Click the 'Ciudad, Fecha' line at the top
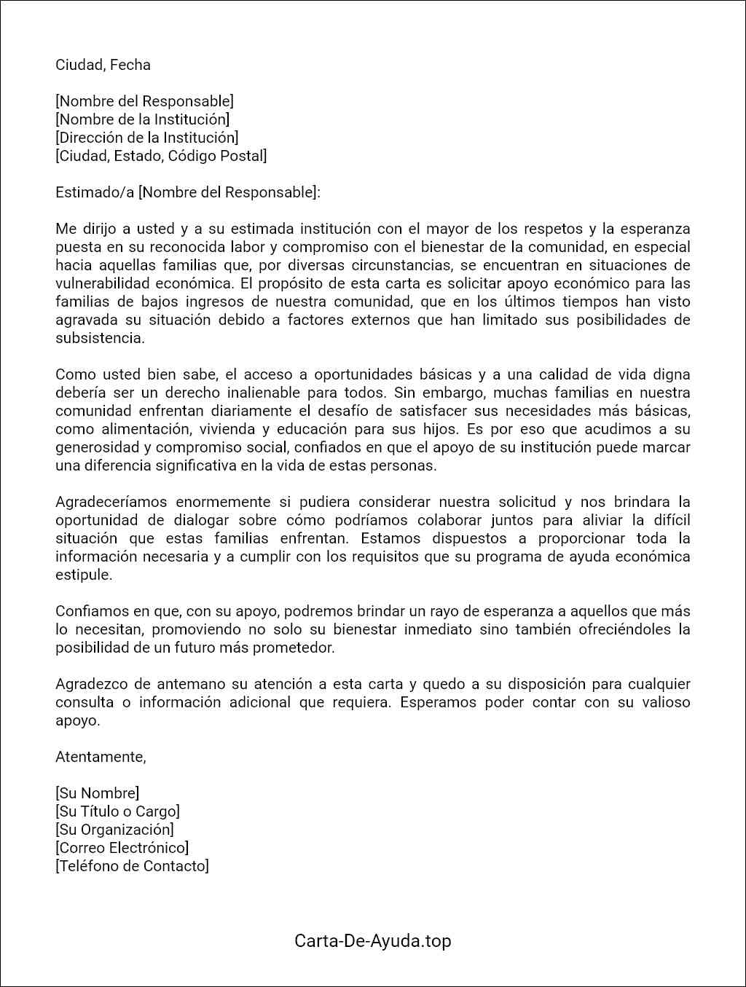(103, 65)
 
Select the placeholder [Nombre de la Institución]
(143, 119)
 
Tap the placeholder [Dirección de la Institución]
(147, 138)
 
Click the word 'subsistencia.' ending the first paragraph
(101, 338)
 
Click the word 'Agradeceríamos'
(111, 502)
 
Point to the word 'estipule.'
(84, 575)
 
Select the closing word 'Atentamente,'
(101, 757)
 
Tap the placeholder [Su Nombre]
(98, 793)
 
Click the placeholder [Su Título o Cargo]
(117, 811)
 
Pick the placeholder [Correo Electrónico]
(122, 848)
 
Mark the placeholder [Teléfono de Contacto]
(132, 866)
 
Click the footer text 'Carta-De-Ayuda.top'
(373, 941)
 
